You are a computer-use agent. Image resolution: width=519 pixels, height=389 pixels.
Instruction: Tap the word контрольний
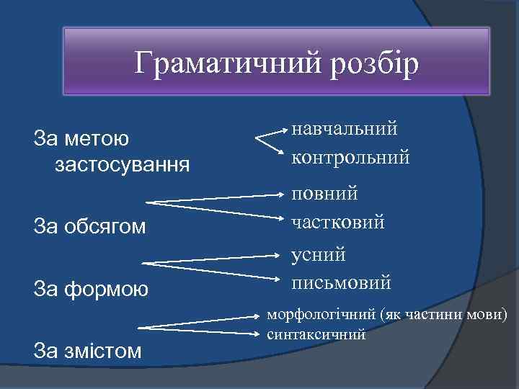click(350, 156)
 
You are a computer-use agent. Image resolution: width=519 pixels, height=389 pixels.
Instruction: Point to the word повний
click(324, 194)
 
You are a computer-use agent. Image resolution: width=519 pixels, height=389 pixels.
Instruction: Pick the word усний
click(318, 254)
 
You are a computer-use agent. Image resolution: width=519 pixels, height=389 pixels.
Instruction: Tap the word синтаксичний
click(316, 335)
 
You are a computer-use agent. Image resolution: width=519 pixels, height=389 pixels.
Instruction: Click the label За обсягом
click(90, 227)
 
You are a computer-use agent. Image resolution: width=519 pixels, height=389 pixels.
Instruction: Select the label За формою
click(92, 290)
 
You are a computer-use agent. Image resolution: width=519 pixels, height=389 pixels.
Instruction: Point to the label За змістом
click(88, 352)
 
